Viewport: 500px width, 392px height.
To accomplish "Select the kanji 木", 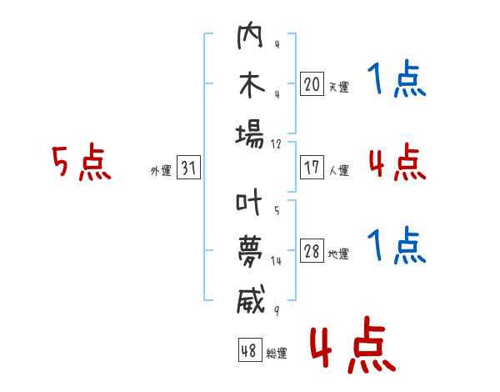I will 250,88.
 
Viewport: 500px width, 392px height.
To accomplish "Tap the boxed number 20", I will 312,83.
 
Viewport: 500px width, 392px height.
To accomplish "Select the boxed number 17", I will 312,168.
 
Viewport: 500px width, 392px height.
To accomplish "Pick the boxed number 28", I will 312,251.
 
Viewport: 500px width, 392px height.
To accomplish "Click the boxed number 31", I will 188,168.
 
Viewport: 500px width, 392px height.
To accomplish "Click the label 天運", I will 338,87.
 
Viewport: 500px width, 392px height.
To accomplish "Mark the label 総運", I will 277,354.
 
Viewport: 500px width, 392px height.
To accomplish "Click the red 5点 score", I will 81,163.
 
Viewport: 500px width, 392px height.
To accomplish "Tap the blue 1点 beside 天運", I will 397,82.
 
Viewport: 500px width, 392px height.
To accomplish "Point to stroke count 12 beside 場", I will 276,143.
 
